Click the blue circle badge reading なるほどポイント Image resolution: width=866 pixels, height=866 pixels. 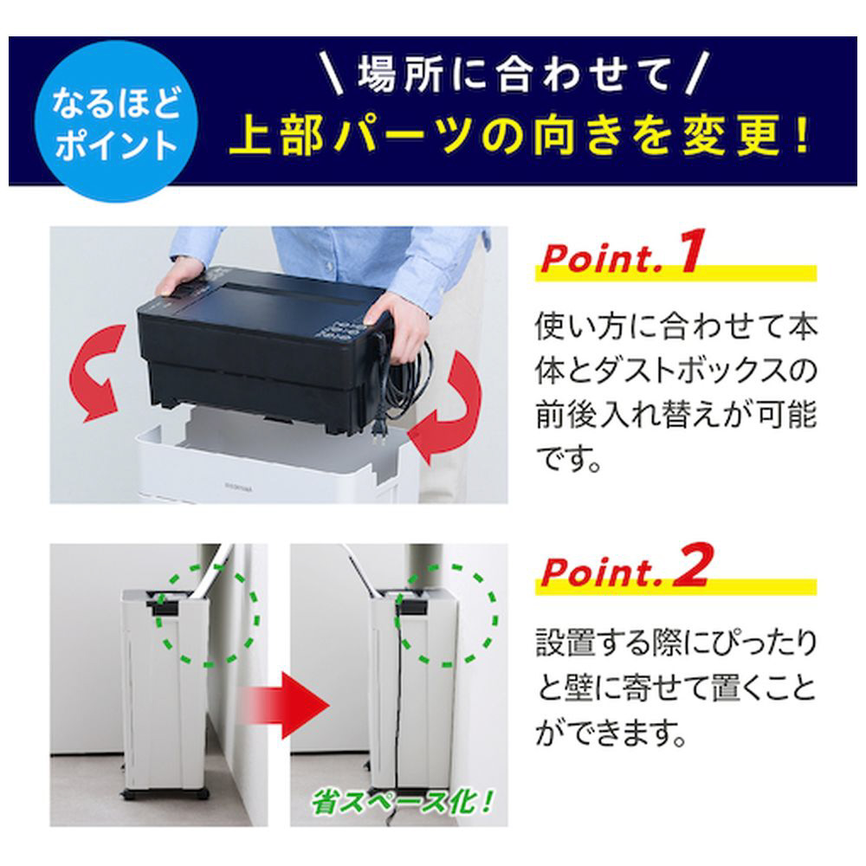pos(116,121)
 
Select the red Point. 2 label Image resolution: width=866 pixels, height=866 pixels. pos(624,566)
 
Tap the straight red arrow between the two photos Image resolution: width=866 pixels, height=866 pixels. pos(284,705)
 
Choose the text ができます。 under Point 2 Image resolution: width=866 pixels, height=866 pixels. pos(611,733)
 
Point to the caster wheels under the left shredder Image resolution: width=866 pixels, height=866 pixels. pos(165,794)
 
